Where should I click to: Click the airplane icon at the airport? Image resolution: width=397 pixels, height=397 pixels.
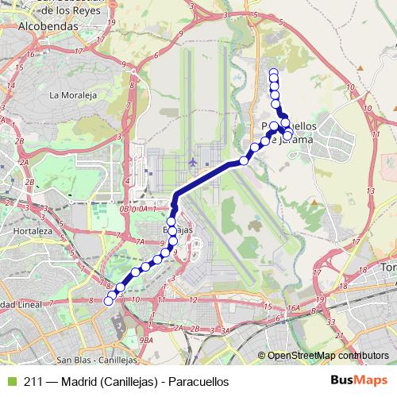(194, 163)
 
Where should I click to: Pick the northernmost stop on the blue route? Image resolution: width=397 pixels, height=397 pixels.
(274, 74)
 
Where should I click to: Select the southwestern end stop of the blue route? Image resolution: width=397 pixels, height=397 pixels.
(109, 301)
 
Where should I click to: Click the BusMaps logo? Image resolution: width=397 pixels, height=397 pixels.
(353, 381)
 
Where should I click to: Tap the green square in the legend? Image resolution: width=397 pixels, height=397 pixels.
(10, 381)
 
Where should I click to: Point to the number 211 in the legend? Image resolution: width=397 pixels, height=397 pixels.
(33, 381)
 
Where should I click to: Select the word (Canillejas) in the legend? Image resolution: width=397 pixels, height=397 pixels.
(129, 381)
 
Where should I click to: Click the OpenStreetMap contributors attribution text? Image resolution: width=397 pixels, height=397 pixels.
(328, 355)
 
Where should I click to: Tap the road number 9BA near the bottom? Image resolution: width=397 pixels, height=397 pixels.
(145, 339)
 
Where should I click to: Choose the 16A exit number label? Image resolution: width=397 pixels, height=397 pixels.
(294, 308)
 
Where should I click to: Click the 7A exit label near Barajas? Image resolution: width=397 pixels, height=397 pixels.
(140, 241)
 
